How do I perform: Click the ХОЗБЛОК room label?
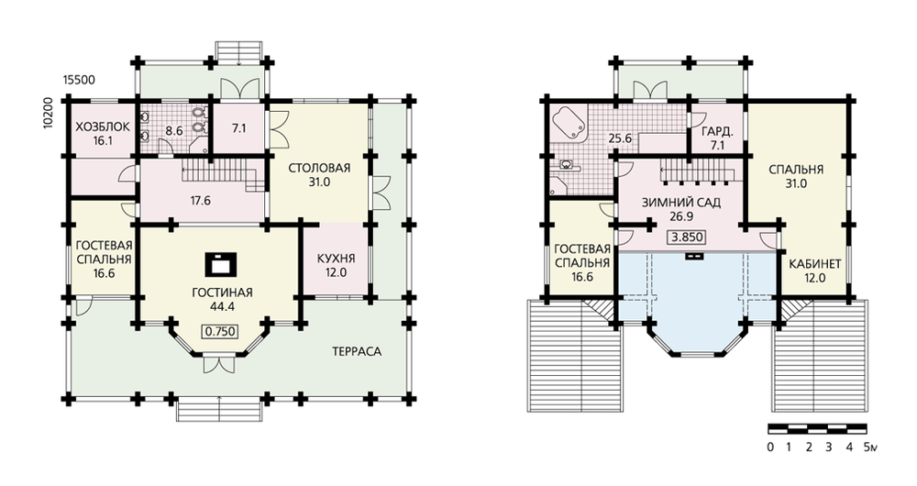(103, 127)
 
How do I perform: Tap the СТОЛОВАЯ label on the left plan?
(319, 169)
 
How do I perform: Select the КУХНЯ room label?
(336, 259)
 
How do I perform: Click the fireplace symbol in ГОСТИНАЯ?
(220, 263)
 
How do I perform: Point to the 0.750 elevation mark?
(220, 332)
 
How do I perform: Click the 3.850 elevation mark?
(687, 237)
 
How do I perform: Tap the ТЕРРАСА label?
(357, 351)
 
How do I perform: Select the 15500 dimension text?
(79, 80)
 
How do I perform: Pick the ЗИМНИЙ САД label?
(681, 203)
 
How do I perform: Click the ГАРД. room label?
(717, 132)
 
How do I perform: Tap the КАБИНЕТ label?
(815, 264)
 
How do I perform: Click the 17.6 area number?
(200, 201)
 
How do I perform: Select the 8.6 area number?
(174, 131)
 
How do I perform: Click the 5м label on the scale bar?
(870, 448)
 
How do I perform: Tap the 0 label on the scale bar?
(770, 448)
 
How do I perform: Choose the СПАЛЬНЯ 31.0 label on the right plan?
(796, 176)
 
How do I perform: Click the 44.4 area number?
(222, 306)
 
